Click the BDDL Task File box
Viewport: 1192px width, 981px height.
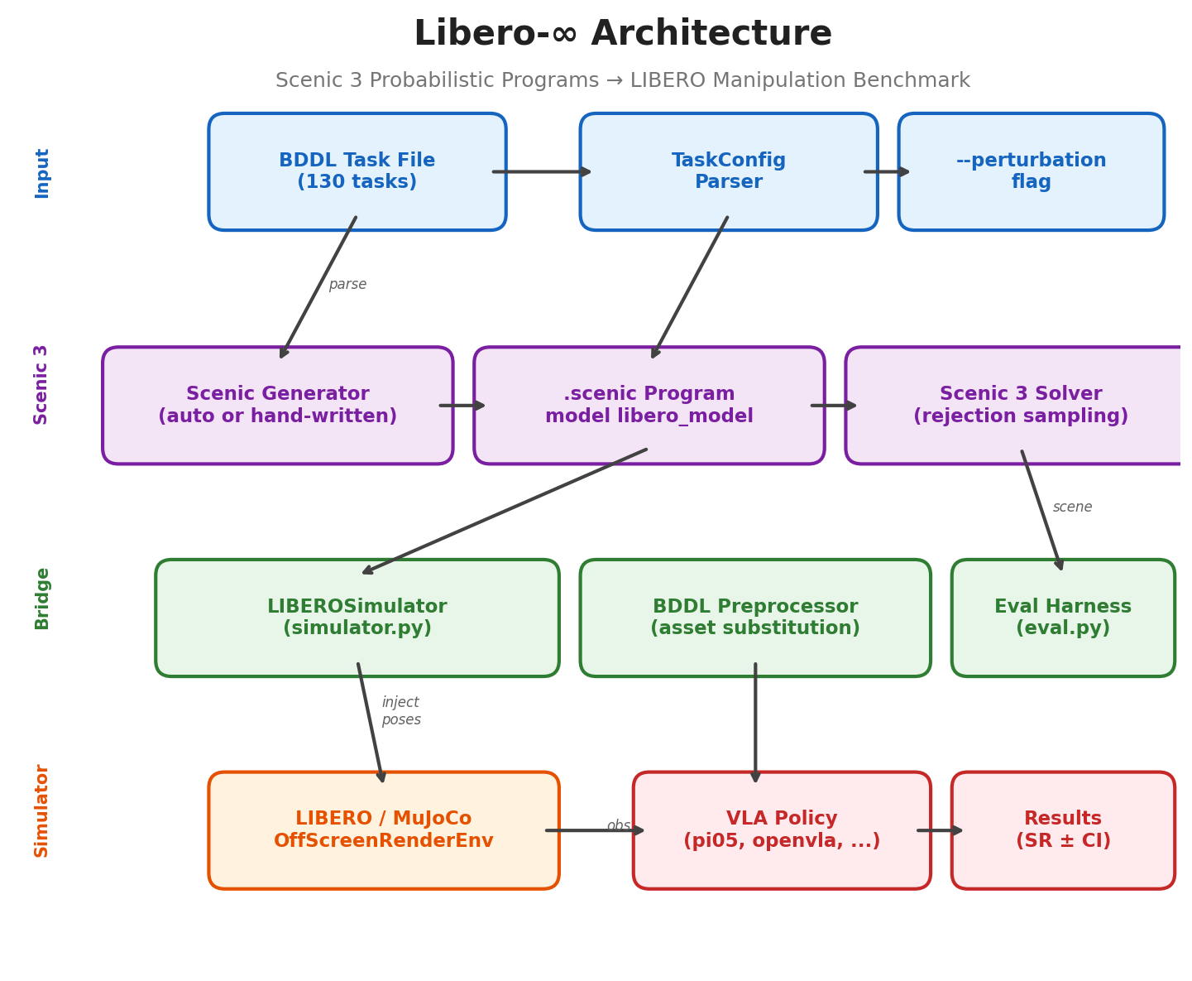(357, 171)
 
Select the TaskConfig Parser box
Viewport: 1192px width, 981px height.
(728, 171)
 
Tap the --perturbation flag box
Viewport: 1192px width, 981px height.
(1031, 171)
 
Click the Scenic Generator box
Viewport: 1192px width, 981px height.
(277, 406)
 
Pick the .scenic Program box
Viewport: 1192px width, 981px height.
(649, 406)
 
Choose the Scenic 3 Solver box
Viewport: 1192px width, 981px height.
(1020, 406)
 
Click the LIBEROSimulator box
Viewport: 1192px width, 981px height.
(357, 618)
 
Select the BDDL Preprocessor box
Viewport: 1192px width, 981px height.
(754, 618)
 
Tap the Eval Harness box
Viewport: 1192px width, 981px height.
(1062, 618)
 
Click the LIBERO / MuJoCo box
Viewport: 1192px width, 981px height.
(383, 830)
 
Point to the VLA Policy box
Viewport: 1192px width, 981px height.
(781, 830)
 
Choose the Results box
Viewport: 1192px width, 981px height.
(1062, 830)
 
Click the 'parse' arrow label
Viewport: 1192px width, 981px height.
(347, 285)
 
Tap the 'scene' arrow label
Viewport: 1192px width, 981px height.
(1072, 507)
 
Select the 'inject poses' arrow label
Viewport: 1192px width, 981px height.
(401, 711)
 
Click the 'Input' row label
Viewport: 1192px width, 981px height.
(42, 172)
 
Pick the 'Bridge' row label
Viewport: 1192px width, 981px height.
(42, 598)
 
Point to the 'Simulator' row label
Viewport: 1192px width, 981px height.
(42, 810)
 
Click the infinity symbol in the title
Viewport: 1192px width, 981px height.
(564, 35)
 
